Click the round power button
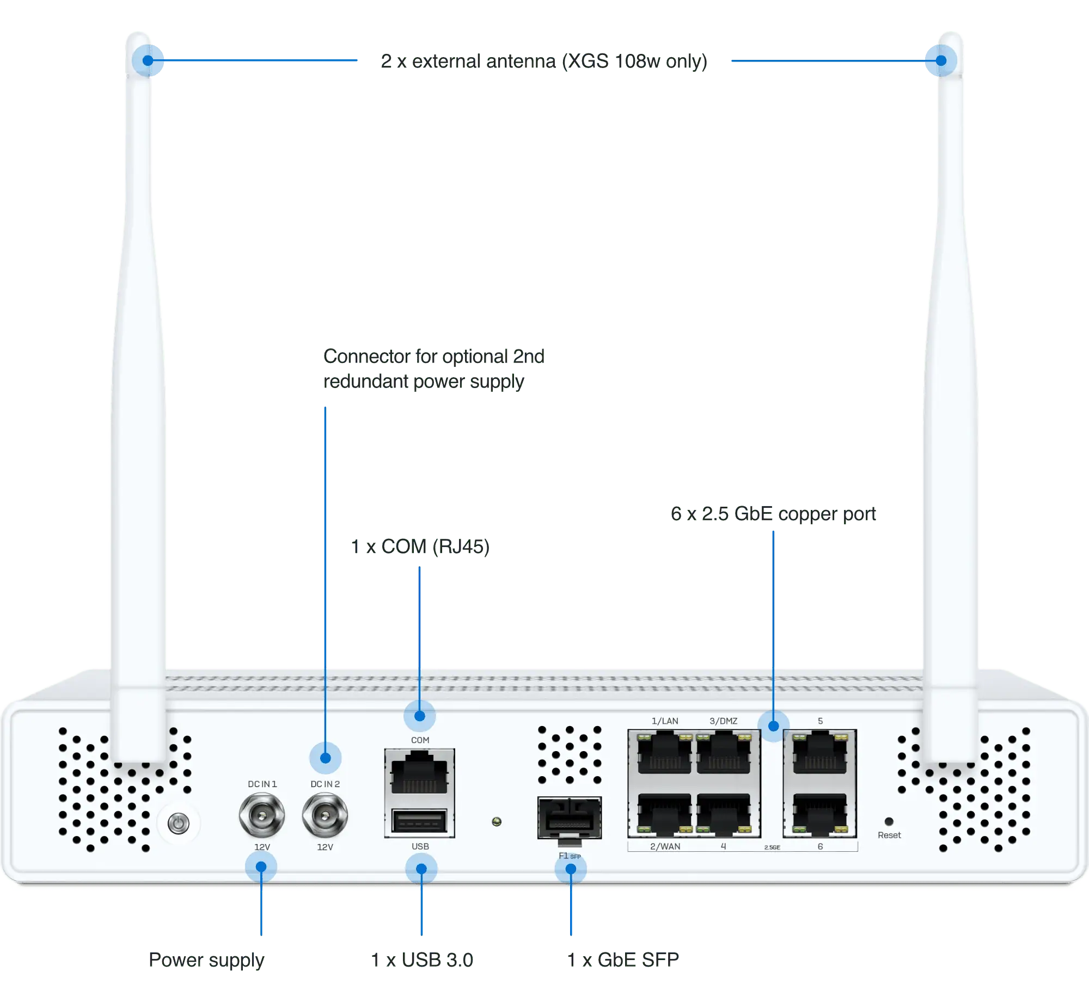click(x=178, y=823)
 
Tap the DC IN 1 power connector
click(x=262, y=815)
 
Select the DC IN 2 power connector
click(x=325, y=815)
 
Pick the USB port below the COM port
click(x=419, y=821)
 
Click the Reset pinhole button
click(x=889, y=821)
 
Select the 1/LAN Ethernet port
click(x=664, y=753)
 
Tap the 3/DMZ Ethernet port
click(x=724, y=753)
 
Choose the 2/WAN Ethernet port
click(x=664, y=814)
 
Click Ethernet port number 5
click(x=820, y=753)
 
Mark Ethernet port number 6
click(x=820, y=814)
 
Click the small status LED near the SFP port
click(x=497, y=821)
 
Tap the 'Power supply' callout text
click(x=206, y=961)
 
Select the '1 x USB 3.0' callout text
click(x=422, y=960)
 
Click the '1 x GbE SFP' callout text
click(x=623, y=960)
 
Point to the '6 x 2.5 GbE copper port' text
click(x=773, y=514)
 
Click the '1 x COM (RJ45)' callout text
click(x=420, y=546)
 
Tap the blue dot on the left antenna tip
click(x=148, y=60)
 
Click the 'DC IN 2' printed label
click(x=325, y=784)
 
